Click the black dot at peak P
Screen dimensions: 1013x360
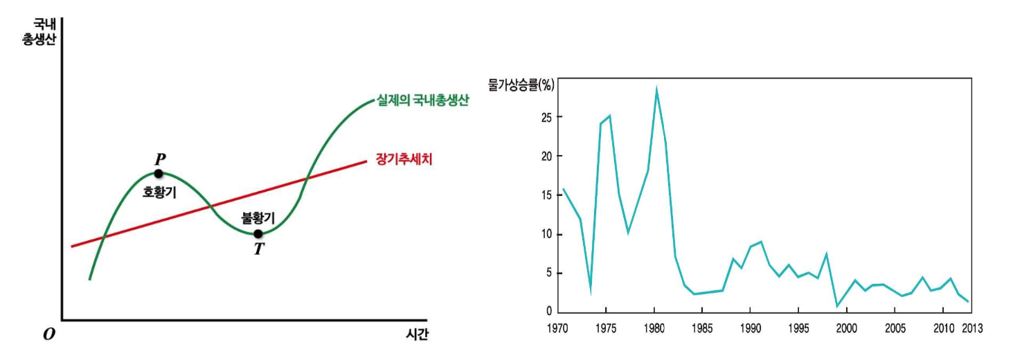pos(159,174)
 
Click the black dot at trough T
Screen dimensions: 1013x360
pos(258,234)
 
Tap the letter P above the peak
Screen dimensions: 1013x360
pos(160,159)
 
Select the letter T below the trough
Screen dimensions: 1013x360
pos(259,249)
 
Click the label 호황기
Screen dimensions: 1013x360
pos(159,192)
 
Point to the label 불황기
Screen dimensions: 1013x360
pos(258,219)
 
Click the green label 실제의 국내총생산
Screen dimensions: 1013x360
pos(423,100)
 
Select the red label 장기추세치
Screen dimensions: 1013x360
pos(404,159)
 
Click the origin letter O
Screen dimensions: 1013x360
pos(49,334)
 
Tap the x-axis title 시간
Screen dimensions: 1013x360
pos(417,334)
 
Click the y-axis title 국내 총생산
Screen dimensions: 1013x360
pos(39,32)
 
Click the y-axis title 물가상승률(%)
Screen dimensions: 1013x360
pos(521,84)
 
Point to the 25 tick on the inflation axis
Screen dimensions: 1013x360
pos(546,117)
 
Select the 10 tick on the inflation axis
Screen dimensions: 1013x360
pos(546,234)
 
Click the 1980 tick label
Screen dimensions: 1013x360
pos(654,328)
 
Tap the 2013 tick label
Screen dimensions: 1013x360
pos(972,328)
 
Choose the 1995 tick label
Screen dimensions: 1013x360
pos(798,328)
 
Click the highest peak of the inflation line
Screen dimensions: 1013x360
pos(656,89)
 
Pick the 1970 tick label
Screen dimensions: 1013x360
pos(557,328)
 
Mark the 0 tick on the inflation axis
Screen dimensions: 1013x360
pos(549,311)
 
